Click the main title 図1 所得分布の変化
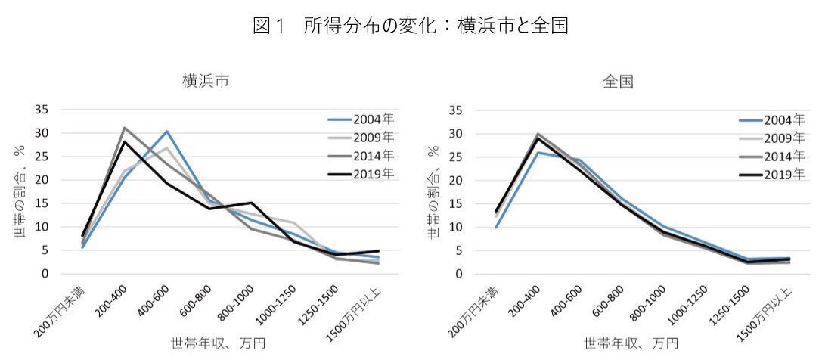pos(411,26)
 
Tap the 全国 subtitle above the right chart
pos(618,82)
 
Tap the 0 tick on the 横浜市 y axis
pos(45,274)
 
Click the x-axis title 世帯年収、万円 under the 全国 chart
pos(618,344)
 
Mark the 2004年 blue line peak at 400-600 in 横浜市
pos(166,132)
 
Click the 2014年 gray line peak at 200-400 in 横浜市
pos(124,128)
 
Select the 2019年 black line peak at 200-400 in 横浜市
pos(124,142)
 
